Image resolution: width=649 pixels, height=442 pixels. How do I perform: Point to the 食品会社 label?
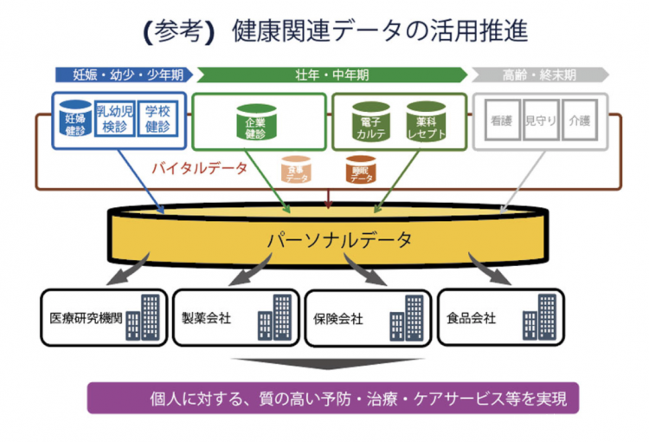click(x=471, y=317)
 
